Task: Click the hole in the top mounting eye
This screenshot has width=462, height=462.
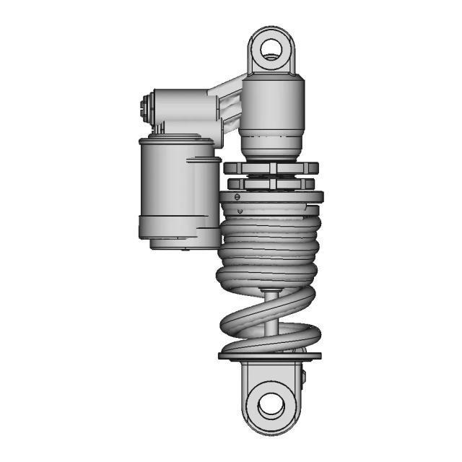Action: click(x=271, y=48)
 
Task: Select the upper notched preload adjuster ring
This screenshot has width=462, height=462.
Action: click(x=271, y=168)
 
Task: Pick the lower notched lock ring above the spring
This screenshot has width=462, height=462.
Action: click(x=271, y=184)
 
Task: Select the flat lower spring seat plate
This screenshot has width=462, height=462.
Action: click(x=269, y=355)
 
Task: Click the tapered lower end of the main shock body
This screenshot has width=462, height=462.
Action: click(x=271, y=147)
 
